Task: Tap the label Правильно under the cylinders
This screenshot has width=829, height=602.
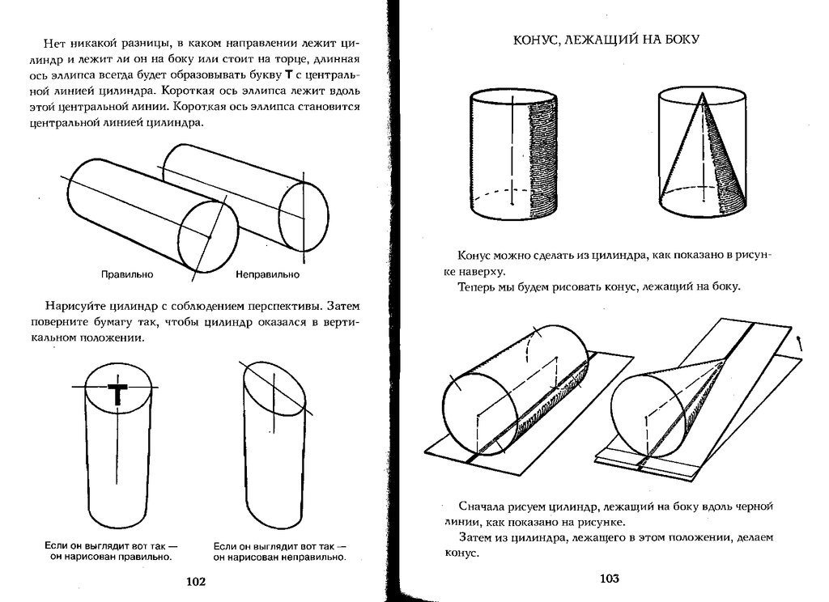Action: point(127,275)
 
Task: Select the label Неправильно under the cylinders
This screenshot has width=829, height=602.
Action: point(267,275)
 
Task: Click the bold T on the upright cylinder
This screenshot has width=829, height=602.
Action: point(118,394)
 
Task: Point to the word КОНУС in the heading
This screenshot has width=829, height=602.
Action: point(538,40)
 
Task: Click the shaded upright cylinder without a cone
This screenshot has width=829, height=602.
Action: point(514,154)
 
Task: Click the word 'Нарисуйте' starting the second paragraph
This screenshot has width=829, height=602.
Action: point(78,307)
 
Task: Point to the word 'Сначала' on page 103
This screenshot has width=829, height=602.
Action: point(482,507)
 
